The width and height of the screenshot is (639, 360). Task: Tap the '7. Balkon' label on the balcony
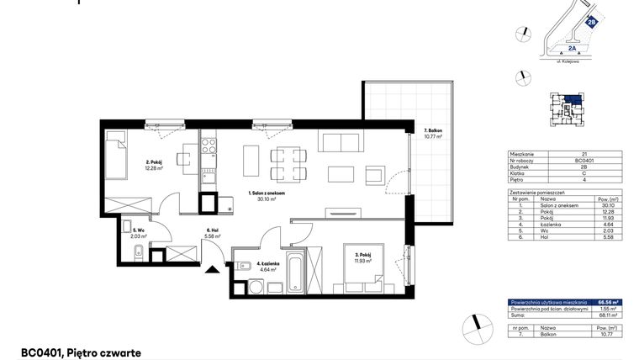(x=434, y=132)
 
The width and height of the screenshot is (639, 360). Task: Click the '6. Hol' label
(x=214, y=234)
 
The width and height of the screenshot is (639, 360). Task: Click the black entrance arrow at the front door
(x=212, y=270)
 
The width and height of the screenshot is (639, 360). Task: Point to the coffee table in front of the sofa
(x=341, y=173)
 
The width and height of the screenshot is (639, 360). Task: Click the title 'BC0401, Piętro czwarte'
(x=81, y=353)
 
